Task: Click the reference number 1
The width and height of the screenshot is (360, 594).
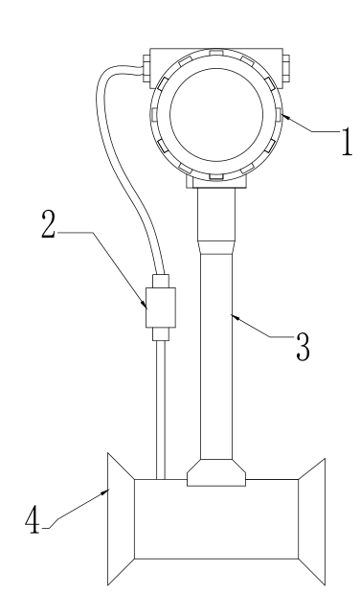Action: click(x=347, y=142)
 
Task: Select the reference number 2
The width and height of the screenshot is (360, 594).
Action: click(x=48, y=224)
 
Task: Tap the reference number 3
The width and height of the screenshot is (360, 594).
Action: click(x=303, y=347)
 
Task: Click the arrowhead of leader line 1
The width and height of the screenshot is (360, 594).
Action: click(x=286, y=117)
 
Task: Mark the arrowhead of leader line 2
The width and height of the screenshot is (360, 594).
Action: click(x=144, y=303)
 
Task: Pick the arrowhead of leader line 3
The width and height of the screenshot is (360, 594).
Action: click(x=236, y=317)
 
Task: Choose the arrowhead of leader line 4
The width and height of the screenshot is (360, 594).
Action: click(x=104, y=492)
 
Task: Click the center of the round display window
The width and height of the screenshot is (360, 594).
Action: click(x=216, y=114)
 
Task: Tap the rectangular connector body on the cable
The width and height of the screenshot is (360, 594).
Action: click(x=161, y=308)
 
